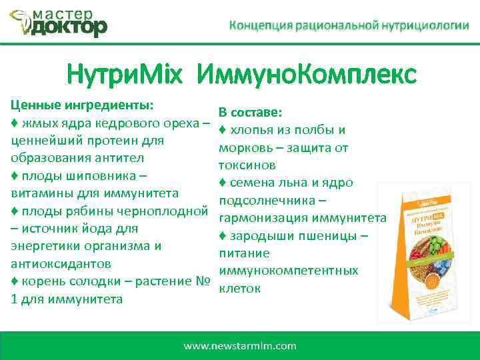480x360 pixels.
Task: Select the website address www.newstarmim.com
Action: click(x=240, y=345)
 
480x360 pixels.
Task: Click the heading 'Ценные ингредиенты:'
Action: click(x=82, y=105)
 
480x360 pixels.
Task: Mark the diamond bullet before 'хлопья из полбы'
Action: click(x=223, y=130)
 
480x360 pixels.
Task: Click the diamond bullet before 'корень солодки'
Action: click(x=15, y=281)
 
